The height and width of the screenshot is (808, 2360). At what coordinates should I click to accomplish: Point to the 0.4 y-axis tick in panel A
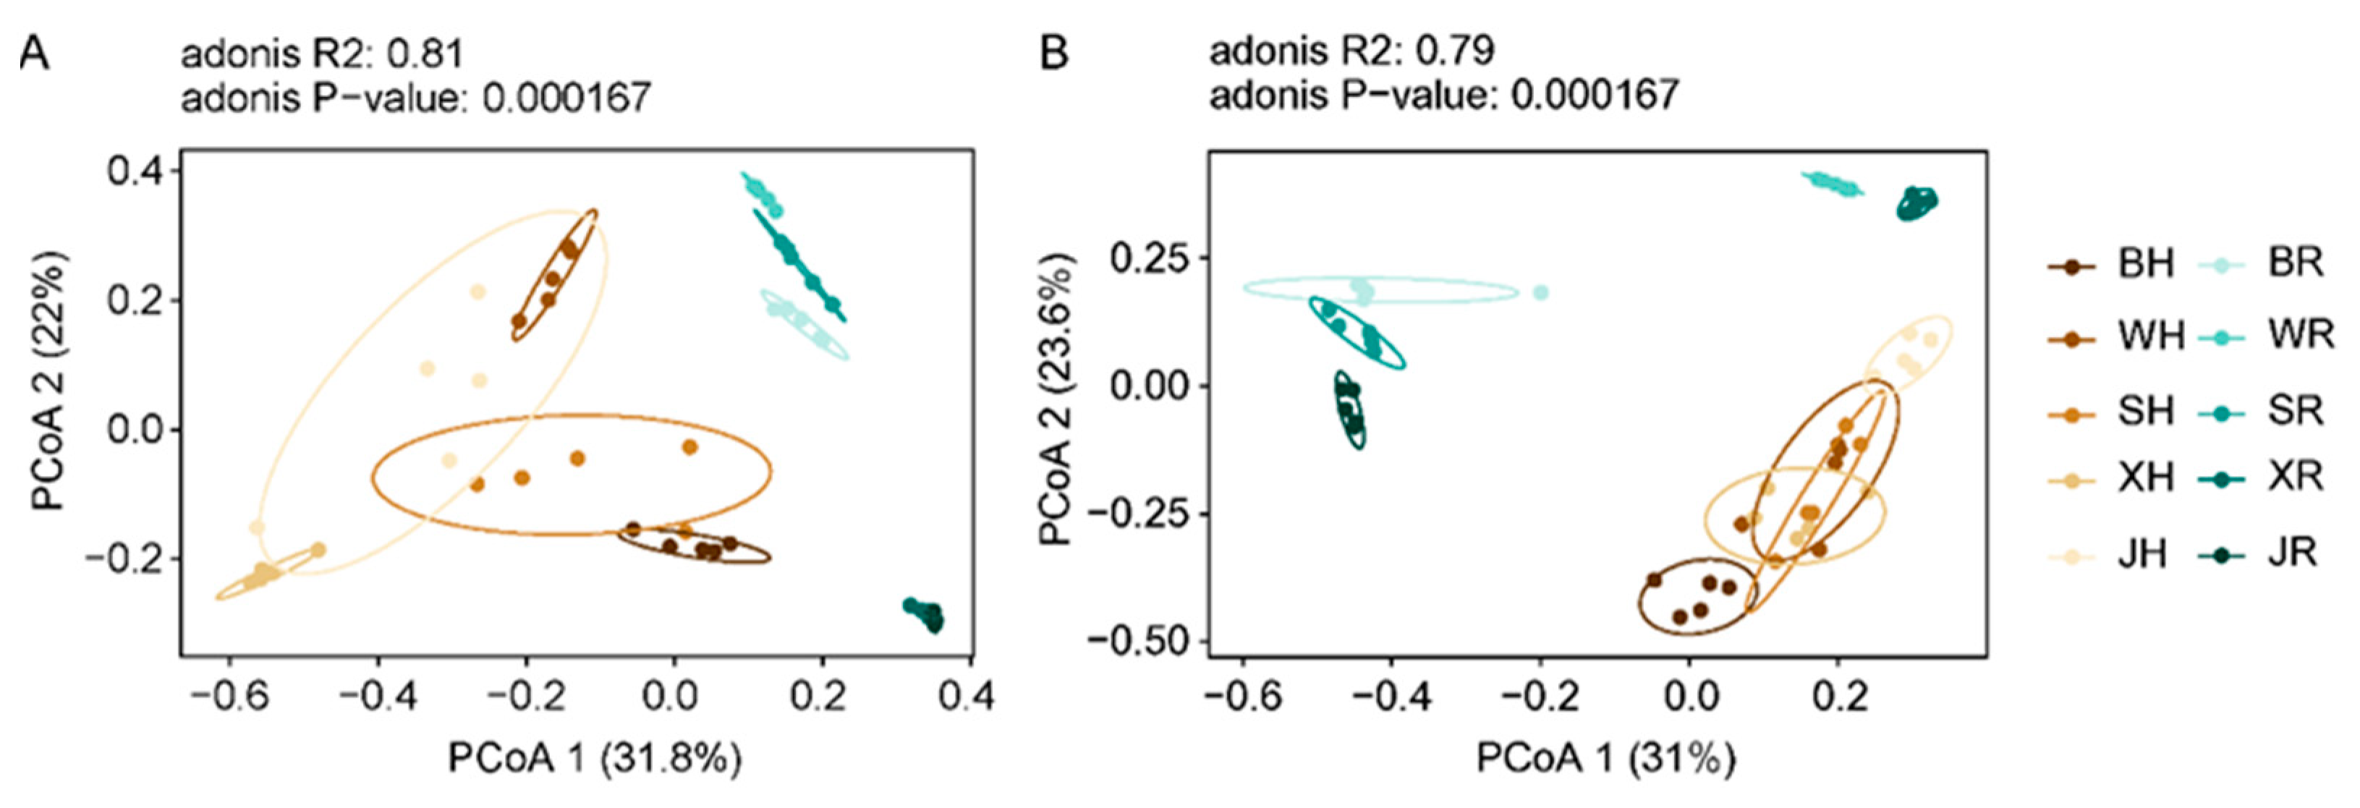pyautogui.click(x=135, y=171)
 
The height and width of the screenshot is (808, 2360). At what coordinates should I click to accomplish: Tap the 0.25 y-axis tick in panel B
pyautogui.click(x=1148, y=258)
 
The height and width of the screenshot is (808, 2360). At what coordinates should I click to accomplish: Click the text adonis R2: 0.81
pyautogui.click(x=321, y=54)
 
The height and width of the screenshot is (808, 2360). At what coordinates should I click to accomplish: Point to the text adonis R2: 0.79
pyautogui.click(x=1351, y=51)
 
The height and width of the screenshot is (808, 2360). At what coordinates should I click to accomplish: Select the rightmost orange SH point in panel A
pyautogui.click(x=690, y=447)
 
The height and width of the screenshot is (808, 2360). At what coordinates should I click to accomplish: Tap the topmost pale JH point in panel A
pyautogui.click(x=477, y=292)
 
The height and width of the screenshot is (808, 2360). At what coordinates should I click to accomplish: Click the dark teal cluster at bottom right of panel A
pyautogui.click(x=925, y=615)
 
